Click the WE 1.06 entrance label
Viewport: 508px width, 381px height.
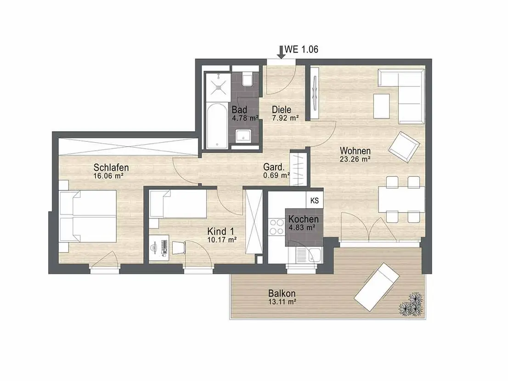pos(301,49)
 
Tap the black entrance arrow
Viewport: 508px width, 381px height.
pos(281,52)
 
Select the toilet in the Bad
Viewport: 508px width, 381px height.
pos(247,78)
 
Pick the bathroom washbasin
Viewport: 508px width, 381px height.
pos(243,135)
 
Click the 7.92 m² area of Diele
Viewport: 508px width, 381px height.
pos(285,118)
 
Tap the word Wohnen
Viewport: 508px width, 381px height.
pos(355,151)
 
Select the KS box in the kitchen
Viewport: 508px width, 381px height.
pos(314,201)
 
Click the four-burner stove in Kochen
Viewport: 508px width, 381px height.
pos(277,227)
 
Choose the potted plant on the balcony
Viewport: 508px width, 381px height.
pos(411,304)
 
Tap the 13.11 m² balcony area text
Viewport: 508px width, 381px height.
pos(282,302)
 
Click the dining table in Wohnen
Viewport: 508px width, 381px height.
pos(401,199)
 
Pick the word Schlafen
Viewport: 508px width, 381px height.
pos(111,168)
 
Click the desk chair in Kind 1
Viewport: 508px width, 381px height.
pos(179,248)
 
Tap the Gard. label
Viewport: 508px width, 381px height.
pos(274,167)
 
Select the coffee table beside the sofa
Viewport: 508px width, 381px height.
pos(382,106)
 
